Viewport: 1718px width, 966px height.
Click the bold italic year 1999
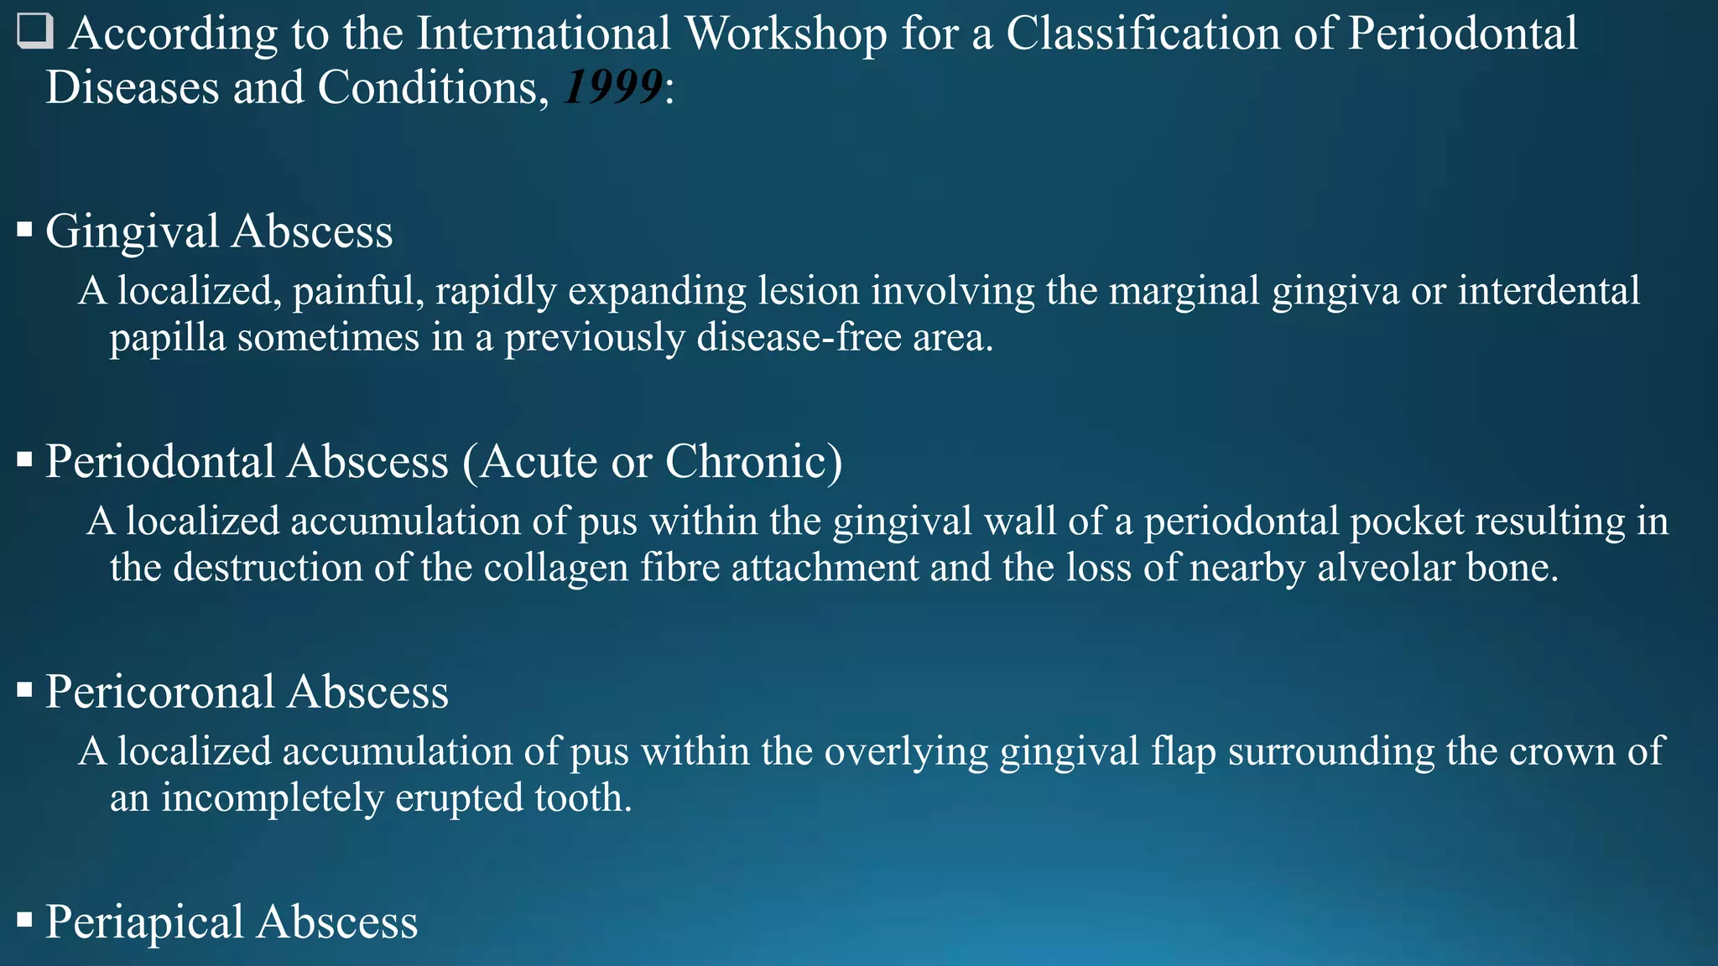click(x=613, y=87)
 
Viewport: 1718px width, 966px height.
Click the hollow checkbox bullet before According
click(x=35, y=32)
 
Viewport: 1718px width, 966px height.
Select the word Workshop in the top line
click(x=785, y=34)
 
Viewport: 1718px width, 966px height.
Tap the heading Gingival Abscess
click(x=219, y=231)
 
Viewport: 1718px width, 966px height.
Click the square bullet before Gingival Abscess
click(x=24, y=229)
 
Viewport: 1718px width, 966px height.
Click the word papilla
click(x=167, y=339)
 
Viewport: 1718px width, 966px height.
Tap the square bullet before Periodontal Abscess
click(x=24, y=460)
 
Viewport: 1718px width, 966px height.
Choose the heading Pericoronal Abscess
click(x=247, y=693)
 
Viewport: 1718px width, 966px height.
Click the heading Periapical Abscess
click(x=232, y=922)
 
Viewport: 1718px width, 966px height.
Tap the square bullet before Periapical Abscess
click(x=24, y=921)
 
